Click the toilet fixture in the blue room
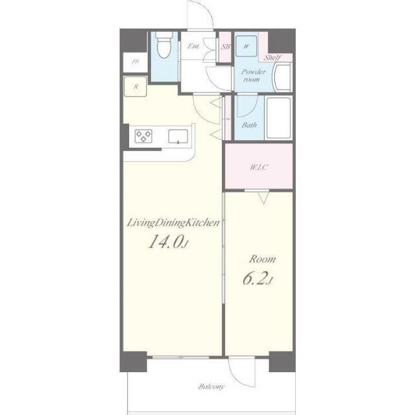pyautogui.click(x=164, y=45)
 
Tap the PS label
pyautogui.click(x=136, y=62)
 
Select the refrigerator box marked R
pyautogui.click(x=136, y=86)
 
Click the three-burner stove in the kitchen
pyautogui.click(x=143, y=136)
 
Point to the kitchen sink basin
pyautogui.click(x=178, y=137)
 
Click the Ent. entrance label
pyautogui.click(x=193, y=46)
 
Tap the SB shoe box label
pyautogui.click(x=225, y=47)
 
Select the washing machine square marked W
pyautogui.click(x=246, y=46)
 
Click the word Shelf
pyautogui.click(x=272, y=58)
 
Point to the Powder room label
pyautogui.click(x=254, y=75)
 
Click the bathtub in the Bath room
pyautogui.click(x=278, y=117)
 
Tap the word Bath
pyautogui.click(x=249, y=124)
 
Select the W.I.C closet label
pyautogui.click(x=259, y=167)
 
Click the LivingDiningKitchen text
pyautogui.click(x=173, y=223)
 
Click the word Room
pyautogui.click(x=262, y=259)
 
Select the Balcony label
pyautogui.click(x=211, y=386)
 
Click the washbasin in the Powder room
pyautogui.click(x=283, y=77)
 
